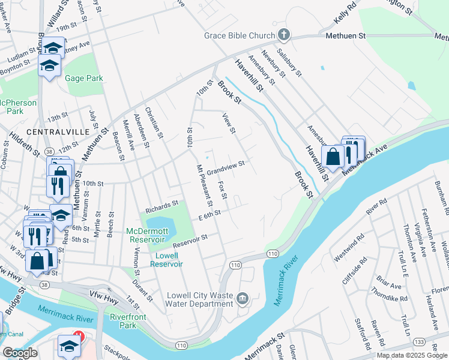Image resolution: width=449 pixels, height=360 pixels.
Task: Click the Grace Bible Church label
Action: tap(239, 36)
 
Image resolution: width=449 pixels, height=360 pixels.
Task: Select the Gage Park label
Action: tap(85, 79)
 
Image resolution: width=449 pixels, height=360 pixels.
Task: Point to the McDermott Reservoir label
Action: tap(149, 235)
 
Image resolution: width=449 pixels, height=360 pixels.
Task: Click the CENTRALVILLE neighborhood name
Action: tap(58, 131)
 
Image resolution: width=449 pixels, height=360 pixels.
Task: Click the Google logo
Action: tap(20, 352)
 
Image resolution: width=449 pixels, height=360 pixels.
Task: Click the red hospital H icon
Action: tap(77, 337)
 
